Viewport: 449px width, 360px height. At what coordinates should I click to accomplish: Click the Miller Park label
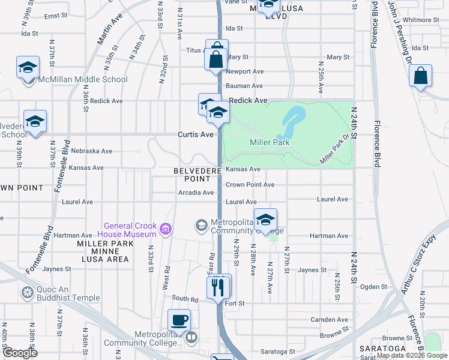(270, 142)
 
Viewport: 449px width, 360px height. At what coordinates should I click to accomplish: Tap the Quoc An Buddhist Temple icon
(27, 293)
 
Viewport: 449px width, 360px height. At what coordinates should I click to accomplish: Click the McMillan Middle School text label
(83, 79)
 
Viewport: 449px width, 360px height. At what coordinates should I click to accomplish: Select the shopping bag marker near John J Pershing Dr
(421, 77)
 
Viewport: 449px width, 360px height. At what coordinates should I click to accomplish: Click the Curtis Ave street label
(196, 134)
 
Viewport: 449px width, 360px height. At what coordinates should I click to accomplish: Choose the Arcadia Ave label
(196, 193)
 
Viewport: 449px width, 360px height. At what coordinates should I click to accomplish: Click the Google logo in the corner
(20, 353)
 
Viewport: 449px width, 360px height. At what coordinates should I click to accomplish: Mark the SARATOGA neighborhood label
(379, 349)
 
